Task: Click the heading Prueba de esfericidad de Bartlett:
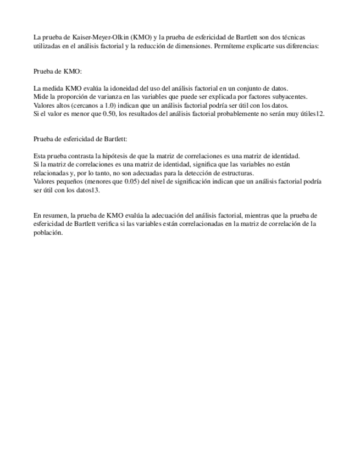pos(80,139)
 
